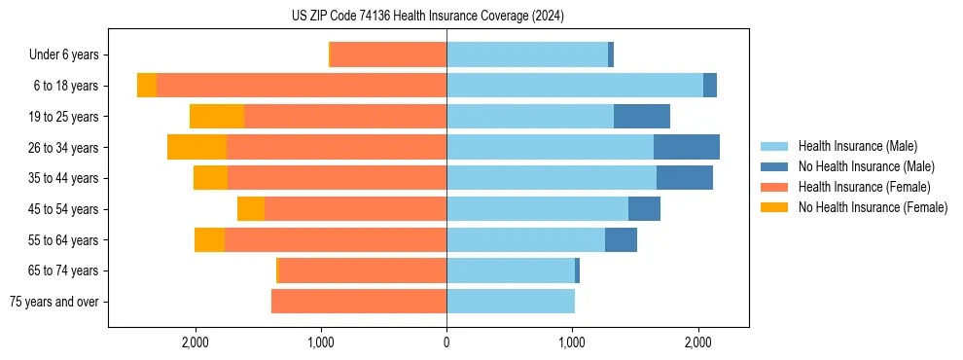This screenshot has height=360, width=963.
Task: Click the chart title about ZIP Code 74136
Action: [x=427, y=17]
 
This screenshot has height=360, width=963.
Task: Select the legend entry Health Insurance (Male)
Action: [x=857, y=146]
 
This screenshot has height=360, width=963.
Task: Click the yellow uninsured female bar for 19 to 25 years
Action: [x=217, y=117]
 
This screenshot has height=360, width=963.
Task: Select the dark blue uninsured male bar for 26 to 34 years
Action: [x=687, y=148]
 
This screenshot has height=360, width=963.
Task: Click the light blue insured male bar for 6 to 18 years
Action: [x=575, y=86]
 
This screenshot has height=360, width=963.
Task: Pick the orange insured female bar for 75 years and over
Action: [x=359, y=302]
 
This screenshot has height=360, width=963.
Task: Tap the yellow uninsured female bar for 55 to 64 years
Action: [x=209, y=240]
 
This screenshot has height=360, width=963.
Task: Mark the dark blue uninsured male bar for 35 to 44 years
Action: [x=685, y=178]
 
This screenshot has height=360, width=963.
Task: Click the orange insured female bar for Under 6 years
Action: [x=389, y=55]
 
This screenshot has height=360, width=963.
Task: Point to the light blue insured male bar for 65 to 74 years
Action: [x=511, y=270]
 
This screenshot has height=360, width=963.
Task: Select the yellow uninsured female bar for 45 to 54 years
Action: [x=251, y=209]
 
